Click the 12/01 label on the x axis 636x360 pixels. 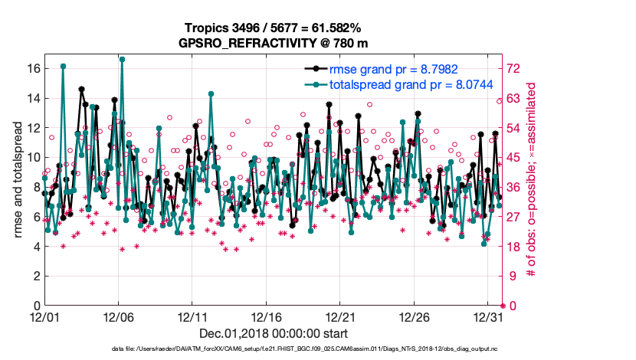44,317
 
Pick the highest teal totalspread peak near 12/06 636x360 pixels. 122,59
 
